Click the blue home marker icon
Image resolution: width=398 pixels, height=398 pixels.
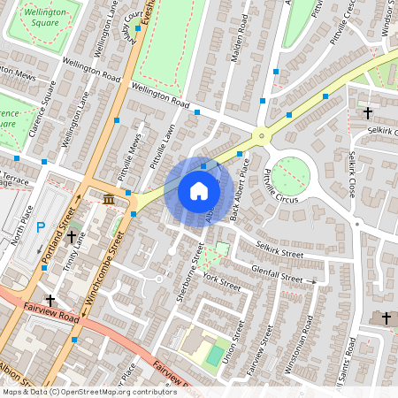(199, 191)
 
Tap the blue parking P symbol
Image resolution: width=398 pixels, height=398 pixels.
(40, 227)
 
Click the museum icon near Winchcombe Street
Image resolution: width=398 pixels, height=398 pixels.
(108, 199)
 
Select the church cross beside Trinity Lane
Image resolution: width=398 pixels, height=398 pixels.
(72, 238)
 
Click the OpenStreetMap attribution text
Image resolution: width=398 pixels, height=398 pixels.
(88, 392)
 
